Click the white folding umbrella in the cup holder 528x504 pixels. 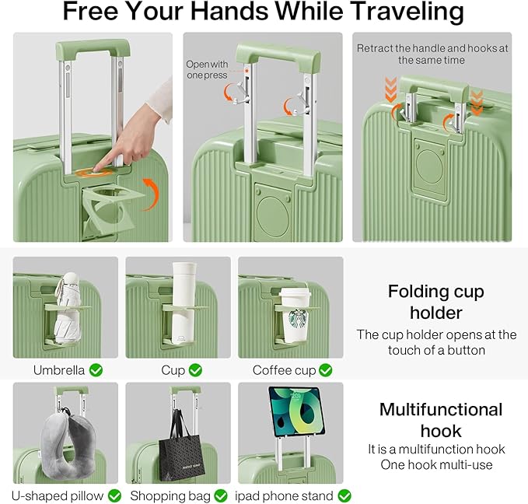click(x=67, y=308)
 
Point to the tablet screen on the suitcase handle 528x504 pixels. click(x=296, y=411)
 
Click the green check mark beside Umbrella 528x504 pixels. click(x=96, y=370)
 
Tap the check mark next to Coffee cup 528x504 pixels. click(x=325, y=370)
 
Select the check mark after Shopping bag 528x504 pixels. click(x=221, y=495)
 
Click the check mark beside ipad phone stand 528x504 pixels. click(x=344, y=495)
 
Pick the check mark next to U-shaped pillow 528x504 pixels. click(x=114, y=495)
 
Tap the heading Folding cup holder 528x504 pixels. click(x=436, y=302)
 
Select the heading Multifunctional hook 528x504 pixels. click(x=441, y=420)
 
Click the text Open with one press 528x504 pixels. click(x=207, y=69)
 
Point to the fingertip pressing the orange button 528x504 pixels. click(x=96, y=169)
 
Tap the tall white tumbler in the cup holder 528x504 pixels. click(x=184, y=303)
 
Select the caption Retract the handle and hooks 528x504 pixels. click(x=432, y=54)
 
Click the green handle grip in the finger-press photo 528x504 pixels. click(x=93, y=47)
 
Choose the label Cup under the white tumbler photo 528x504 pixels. click(x=173, y=370)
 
